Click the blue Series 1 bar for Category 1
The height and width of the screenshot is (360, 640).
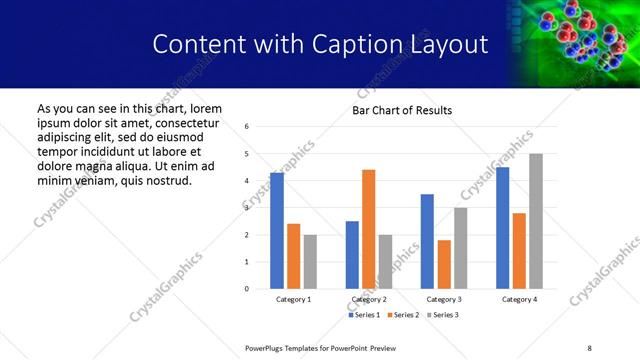pos(277,231)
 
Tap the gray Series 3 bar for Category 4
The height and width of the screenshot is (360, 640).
pos(535,221)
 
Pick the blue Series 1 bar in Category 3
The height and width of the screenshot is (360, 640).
pos(427,241)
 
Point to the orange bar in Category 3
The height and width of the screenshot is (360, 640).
pos(444,264)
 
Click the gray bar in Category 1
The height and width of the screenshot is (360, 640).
pos(310,262)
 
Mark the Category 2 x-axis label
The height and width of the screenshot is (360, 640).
pos(368,300)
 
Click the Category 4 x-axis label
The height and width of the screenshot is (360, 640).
pos(518,300)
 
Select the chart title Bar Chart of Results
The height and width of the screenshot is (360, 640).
pos(402,110)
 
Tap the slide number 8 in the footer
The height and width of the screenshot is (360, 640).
pos(588,348)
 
